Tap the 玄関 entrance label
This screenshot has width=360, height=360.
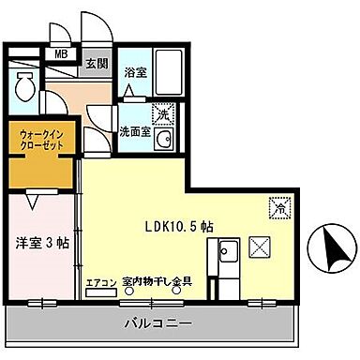click(97, 66)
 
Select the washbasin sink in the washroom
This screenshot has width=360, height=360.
click(164, 141)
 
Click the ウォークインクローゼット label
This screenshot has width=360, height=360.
click(39, 142)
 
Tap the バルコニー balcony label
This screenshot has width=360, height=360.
click(158, 324)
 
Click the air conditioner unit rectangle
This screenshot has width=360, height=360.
click(98, 292)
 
